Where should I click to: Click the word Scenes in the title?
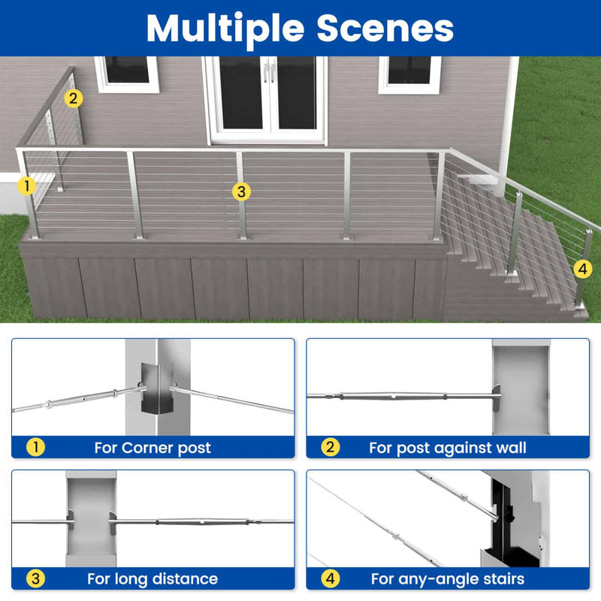385,28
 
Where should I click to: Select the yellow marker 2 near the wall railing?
73,98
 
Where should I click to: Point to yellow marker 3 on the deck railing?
240,192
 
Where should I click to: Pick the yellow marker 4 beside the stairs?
582,268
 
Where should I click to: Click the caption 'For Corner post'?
153,448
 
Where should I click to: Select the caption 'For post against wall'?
447,448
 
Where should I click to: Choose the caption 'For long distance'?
153,579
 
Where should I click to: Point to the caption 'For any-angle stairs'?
447,579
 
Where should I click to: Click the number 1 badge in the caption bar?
36,448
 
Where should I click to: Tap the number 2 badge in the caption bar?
331,448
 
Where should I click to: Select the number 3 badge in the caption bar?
36,579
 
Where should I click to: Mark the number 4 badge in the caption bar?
331,579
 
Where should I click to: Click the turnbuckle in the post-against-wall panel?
391,396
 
